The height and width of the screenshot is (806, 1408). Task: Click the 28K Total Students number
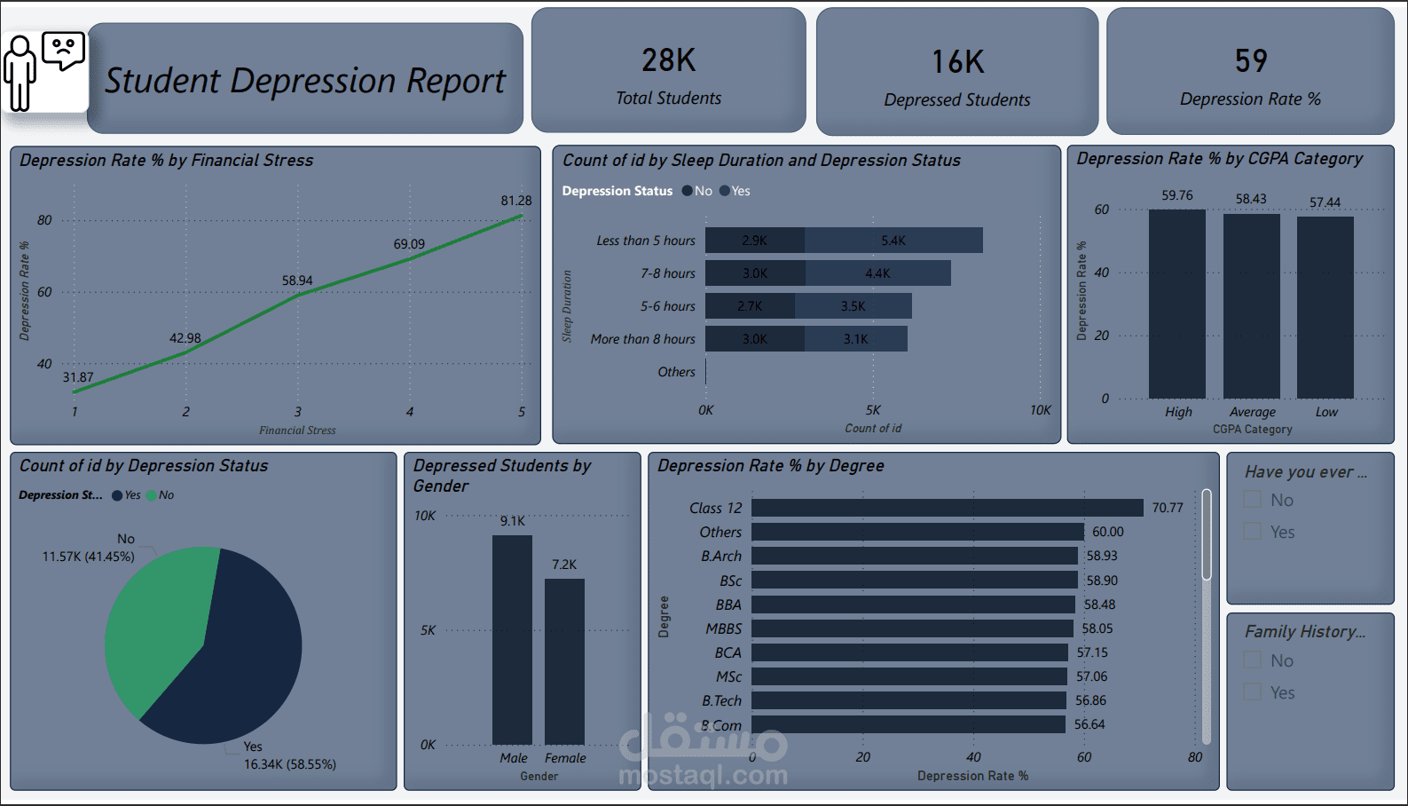tap(668, 60)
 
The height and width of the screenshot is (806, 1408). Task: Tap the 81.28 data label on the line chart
tap(515, 201)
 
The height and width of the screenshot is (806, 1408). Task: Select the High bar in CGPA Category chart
tap(1176, 304)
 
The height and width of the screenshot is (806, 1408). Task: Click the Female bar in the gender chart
tap(564, 661)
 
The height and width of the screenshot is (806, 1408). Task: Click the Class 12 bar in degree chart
tap(947, 508)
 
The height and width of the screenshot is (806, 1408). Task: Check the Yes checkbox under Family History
tap(1253, 692)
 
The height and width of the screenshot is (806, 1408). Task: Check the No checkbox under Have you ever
tap(1253, 500)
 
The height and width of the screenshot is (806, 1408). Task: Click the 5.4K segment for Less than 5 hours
tap(893, 241)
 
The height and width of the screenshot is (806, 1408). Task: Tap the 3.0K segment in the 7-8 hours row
tap(755, 273)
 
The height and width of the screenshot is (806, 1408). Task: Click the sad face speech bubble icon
tap(63, 50)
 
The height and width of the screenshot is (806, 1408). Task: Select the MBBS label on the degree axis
tap(723, 628)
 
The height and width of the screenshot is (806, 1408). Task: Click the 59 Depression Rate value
tap(1250, 61)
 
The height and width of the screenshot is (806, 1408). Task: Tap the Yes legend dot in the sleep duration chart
tap(725, 191)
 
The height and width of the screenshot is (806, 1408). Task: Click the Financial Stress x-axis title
tap(297, 431)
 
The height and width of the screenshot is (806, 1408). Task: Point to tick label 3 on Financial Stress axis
tap(298, 412)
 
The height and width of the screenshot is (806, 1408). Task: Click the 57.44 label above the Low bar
tap(1325, 202)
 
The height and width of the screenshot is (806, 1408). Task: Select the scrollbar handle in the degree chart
tap(1207, 534)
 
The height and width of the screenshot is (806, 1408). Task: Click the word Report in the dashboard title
tap(455, 81)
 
